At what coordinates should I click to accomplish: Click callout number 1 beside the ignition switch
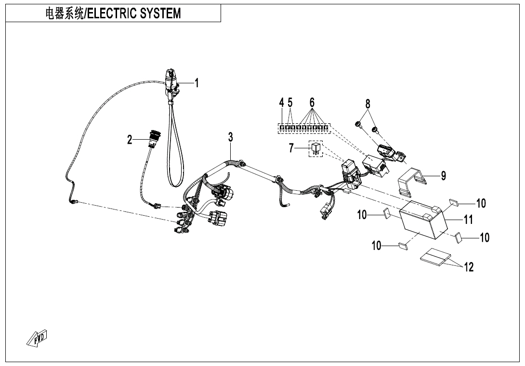point(197,83)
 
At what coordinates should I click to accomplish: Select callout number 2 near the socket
point(130,140)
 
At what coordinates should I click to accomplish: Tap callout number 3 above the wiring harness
point(231,137)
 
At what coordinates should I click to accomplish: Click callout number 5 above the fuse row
point(290,103)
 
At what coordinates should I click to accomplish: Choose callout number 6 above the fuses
point(312,103)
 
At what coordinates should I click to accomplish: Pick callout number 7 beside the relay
point(291,148)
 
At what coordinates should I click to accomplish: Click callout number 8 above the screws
point(367,104)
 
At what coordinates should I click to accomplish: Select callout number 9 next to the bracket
point(443,176)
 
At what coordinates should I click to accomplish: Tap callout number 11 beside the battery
point(468,220)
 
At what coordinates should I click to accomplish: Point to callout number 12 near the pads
point(469,267)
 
